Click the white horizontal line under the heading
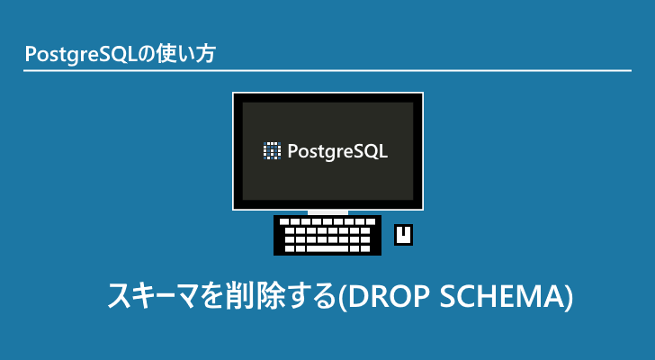coord(327,70)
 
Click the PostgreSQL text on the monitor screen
coord(337,151)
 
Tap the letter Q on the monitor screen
coord(371,150)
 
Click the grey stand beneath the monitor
coord(327,212)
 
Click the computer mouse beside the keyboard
coord(404,235)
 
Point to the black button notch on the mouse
coord(404,230)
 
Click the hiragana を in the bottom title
coord(198,296)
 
